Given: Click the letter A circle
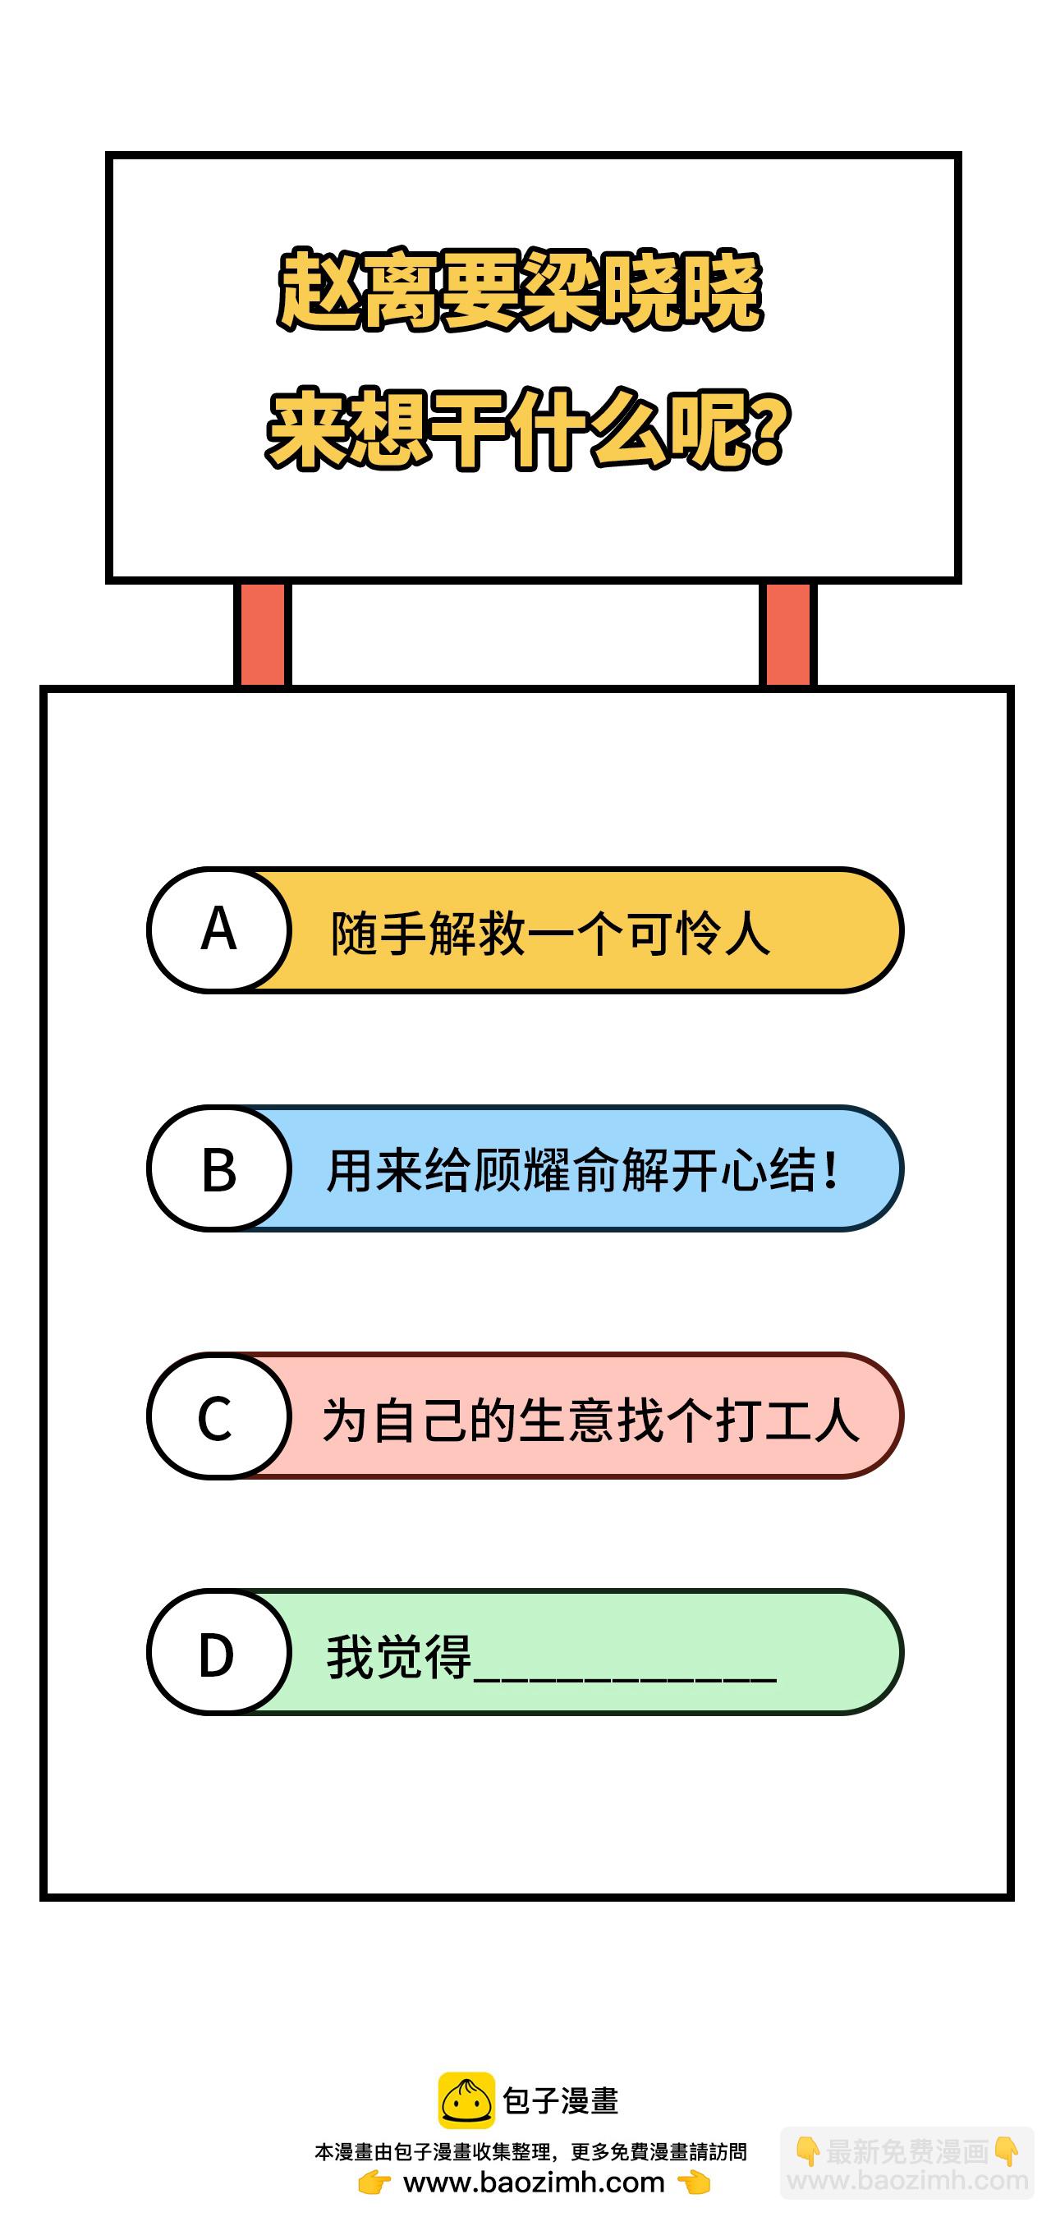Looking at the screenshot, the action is coord(218,929).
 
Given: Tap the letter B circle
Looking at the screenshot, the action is coord(218,1168).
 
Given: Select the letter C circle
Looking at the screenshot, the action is coord(218,1416).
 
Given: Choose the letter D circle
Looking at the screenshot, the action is coord(218,1652).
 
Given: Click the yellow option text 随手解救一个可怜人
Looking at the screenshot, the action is coord(551,932).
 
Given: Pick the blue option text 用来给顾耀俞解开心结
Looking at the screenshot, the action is coord(570,1170).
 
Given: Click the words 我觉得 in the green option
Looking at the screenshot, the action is coord(398,1656).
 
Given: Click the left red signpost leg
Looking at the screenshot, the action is coord(263,634).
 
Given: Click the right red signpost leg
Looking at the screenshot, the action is coord(787,634).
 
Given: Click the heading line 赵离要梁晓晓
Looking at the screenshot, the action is coord(520,290).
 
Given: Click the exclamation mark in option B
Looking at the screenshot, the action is coord(831,1170).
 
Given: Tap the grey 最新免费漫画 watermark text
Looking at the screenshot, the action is coord(906,2151).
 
